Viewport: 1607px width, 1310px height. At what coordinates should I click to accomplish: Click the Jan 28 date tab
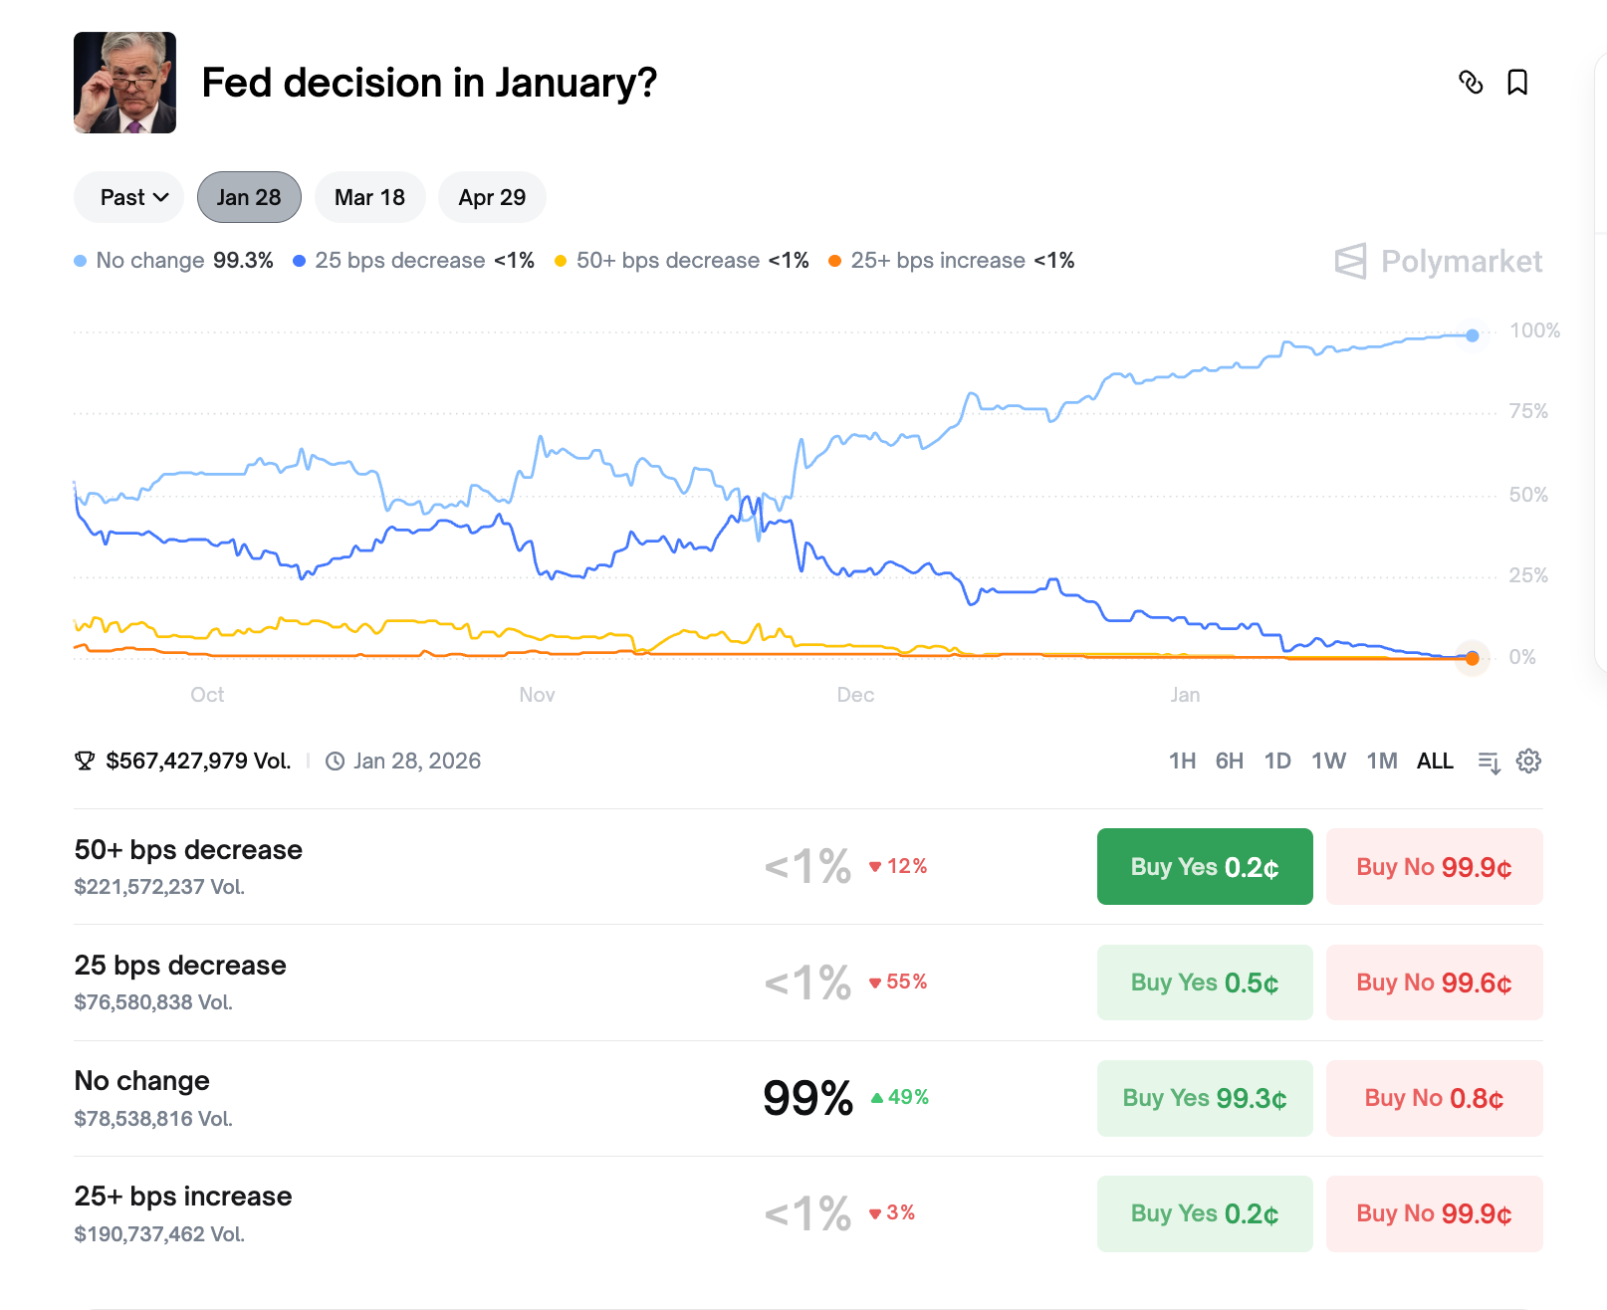tap(249, 197)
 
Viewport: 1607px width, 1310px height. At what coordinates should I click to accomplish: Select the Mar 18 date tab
tap(369, 197)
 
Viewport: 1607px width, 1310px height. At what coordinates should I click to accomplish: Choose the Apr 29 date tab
tap(492, 197)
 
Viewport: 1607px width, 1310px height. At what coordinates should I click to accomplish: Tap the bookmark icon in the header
tap(1517, 83)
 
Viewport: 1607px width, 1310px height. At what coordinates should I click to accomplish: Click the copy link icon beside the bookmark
tap(1471, 83)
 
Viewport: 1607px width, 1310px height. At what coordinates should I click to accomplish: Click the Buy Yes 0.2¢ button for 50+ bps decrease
tap(1205, 867)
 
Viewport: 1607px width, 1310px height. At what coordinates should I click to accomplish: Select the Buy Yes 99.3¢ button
tap(1205, 1098)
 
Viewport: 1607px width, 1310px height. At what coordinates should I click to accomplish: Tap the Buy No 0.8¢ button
tap(1434, 1098)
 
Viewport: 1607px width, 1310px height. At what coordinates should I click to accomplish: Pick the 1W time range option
tap(1328, 762)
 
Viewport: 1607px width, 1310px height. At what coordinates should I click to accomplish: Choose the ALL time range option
tap(1435, 762)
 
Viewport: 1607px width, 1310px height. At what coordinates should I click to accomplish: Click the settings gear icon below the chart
tap(1528, 762)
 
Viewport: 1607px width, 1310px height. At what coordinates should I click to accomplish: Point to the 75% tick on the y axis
tap(1528, 411)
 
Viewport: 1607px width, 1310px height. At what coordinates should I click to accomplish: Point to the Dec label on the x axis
tap(855, 695)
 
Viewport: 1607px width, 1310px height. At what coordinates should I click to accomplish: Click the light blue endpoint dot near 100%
tap(1473, 335)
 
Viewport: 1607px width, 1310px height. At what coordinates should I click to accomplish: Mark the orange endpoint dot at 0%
tap(1473, 658)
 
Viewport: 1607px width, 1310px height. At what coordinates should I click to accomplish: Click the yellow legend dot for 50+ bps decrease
tap(561, 261)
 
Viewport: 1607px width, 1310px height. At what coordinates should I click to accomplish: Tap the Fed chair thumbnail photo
tap(124, 83)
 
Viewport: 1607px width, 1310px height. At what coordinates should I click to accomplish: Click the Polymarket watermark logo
tap(1439, 261)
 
